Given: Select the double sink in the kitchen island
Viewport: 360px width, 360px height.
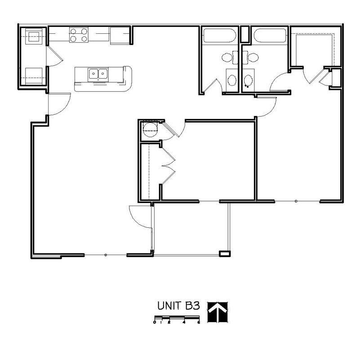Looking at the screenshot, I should pyautogui.click(x=98, y=73).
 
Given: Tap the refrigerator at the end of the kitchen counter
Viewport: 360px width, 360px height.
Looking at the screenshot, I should pyautogui.click(x=120, y=35).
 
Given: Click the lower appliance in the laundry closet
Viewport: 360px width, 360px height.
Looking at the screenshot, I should pyautogui.click(x=34, y=75).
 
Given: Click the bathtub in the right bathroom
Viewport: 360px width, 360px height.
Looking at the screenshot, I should pyautogui.click(x=269, y=36).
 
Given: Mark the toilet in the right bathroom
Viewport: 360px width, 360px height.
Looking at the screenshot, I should pyautogui.click(x=253, y=58).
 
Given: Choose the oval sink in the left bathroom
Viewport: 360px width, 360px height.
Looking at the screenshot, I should pyautogui.click(x=231, y=80).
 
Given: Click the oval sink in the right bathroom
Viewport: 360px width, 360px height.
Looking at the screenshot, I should pyautogui.click(x=248, y=80).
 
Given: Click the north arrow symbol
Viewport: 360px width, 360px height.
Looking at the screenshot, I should pyautogui.click(x=218, y=312).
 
